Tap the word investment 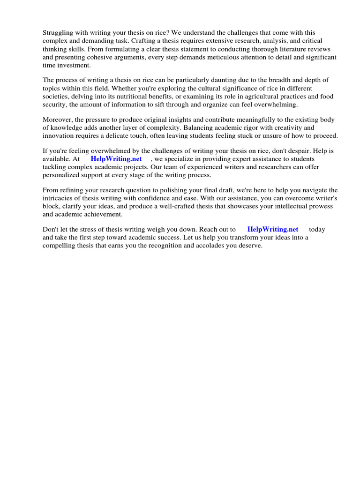tap(73, 65)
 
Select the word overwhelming tap(274, 105)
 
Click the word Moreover tap(59, 120)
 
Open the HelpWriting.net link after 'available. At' tap(116, 159)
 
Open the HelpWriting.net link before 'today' tap(273, 230)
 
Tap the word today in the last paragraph tap(317, 230)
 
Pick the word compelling tap(59, 246)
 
